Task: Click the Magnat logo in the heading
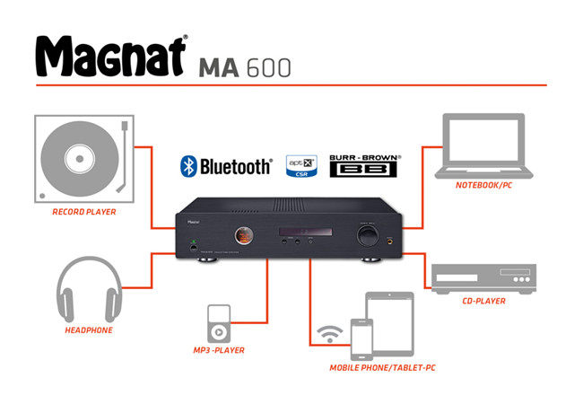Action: tap(110, 57)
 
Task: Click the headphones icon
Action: tap(88, 292)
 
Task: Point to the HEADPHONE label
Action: tap(88, 330)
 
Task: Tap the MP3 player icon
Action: tap(220, 322)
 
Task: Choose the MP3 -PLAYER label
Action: tap(220, 350)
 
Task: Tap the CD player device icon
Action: tap(485, 277)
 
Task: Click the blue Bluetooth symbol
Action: tap(188, 166)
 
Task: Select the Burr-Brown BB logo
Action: tap(363, 166)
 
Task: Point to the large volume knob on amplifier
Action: tap(367, 235)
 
